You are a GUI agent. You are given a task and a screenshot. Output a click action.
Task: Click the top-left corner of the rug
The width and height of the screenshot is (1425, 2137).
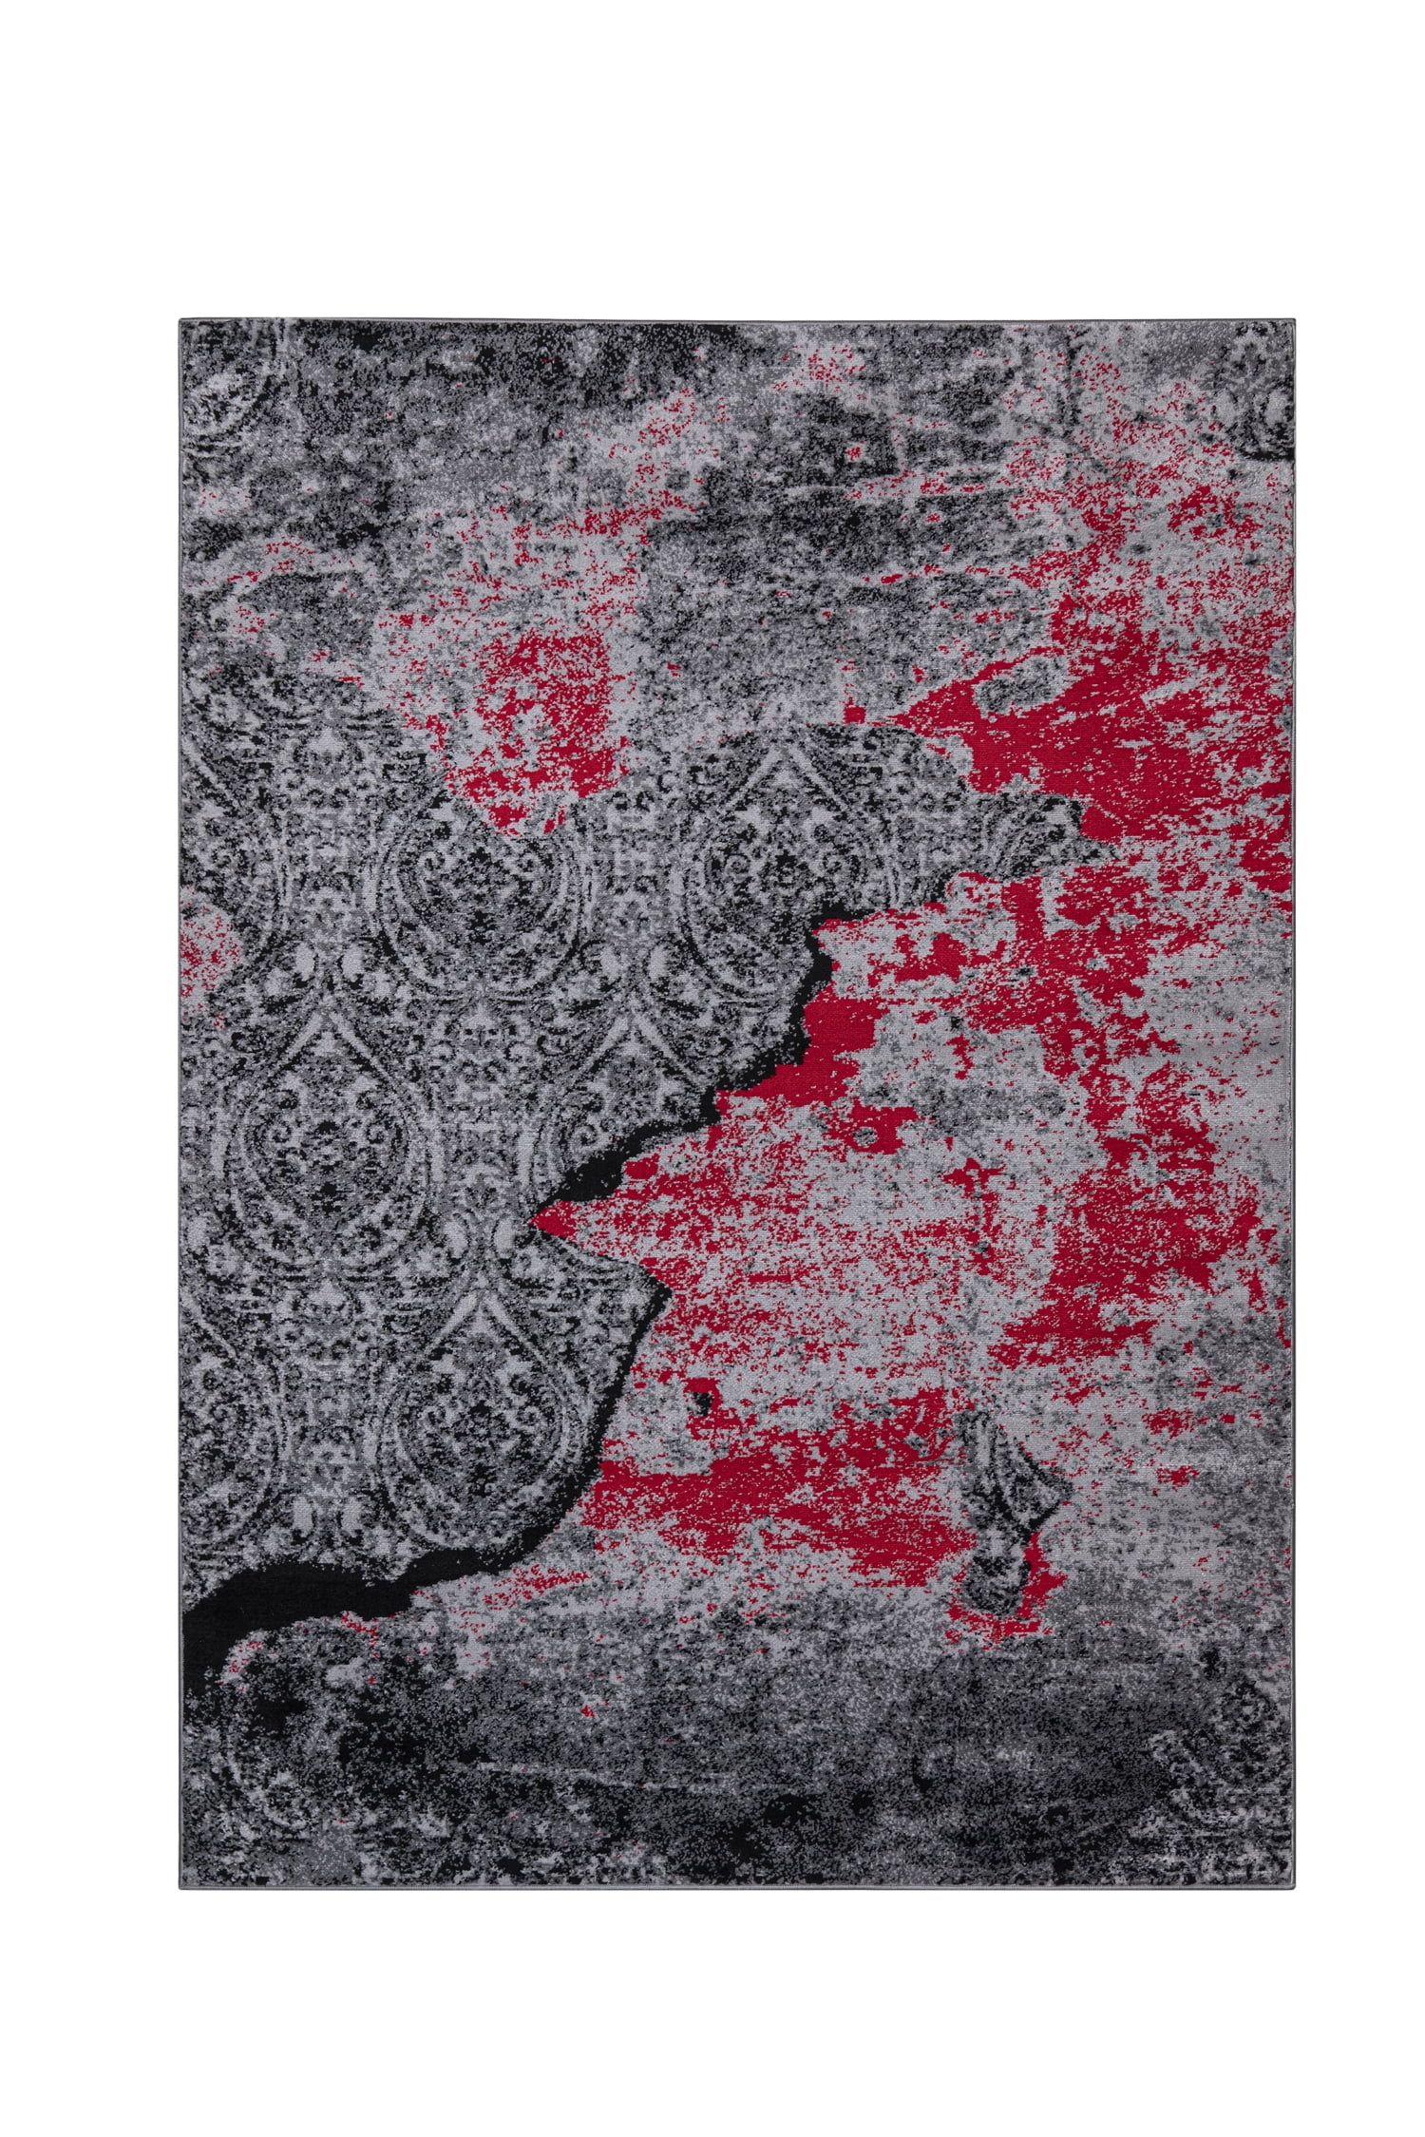tap(180, 321)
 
